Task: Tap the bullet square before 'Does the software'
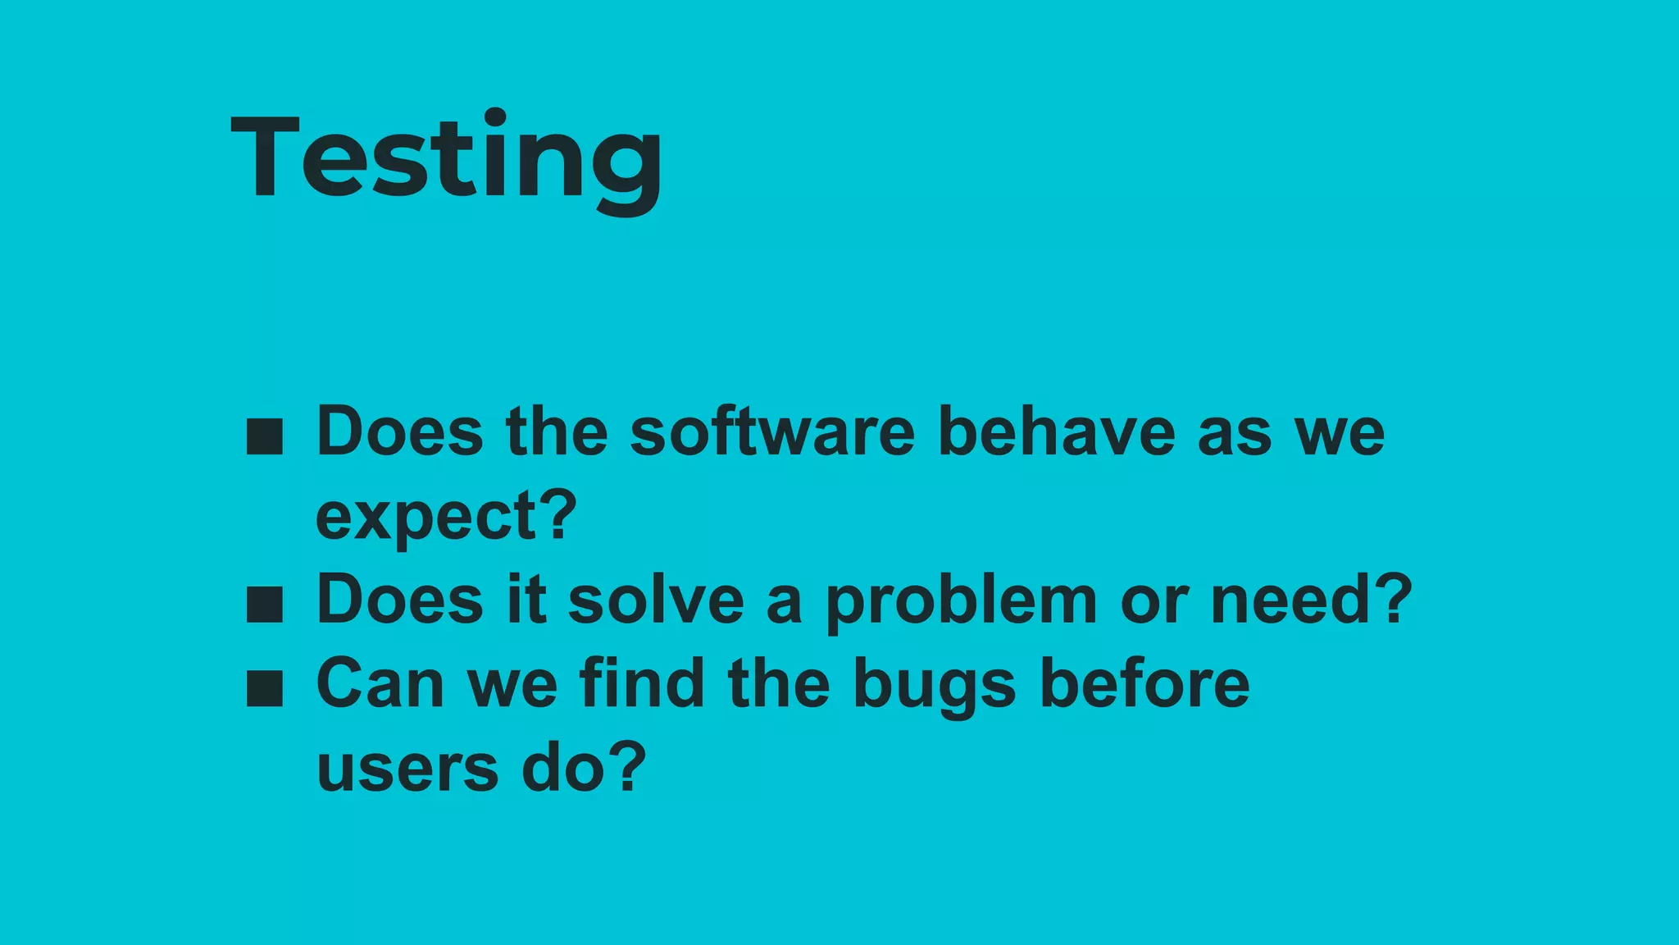(x=265, y=437)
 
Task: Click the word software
(x=771, y=432)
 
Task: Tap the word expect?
(x=447, y=518)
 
